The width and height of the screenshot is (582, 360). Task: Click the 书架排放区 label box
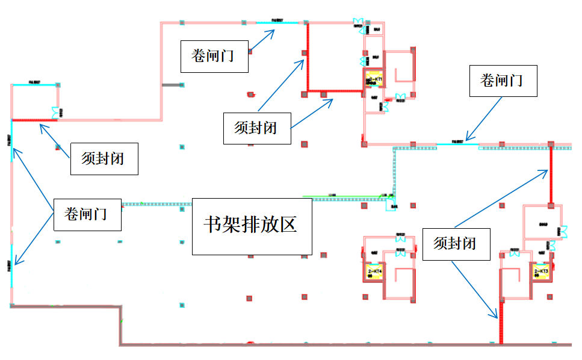coord(252,226)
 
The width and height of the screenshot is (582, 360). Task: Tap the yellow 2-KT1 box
coord(374,79)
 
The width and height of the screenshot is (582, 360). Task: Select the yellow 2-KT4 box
coord(373,272)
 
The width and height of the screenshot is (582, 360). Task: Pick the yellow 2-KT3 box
coord(541,272)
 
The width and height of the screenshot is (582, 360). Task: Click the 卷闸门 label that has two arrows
coord(87,214)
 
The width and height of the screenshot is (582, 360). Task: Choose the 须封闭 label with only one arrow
coord(104,158)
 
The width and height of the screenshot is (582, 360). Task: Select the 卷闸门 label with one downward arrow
coord(503,80)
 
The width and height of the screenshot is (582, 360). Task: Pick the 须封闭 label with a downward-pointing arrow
coord(456,243)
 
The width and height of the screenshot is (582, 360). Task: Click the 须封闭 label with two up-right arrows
coord(257,128)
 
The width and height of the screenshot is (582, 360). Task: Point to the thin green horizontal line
coord(343,196)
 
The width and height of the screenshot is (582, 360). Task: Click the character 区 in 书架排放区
coord(288,226)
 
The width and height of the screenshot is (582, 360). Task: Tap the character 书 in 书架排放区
coord(214,226)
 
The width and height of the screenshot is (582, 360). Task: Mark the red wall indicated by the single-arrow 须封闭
coord(34,120)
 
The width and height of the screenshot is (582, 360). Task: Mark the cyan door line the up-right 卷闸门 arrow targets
coord(277,23)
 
